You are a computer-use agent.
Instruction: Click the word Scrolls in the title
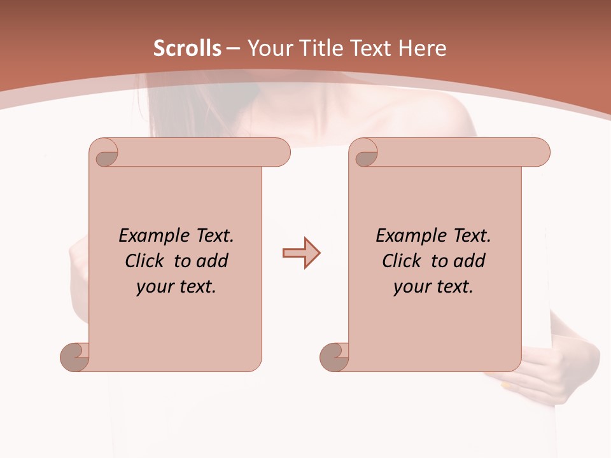[x=187, y=48]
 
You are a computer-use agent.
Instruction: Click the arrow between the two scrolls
[x=301, y=253]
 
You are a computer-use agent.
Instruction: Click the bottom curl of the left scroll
[x=75, y=356]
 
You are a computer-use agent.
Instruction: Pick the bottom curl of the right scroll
[x=335, y=356]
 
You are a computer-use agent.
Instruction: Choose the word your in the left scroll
[x=153, y=287]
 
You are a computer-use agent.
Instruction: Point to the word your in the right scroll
[x=410, y=287]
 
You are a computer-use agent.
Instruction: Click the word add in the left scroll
[x=213, y=261]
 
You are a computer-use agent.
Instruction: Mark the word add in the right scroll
[x=470, y=261]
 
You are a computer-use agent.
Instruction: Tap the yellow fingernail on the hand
[x=506, y=385]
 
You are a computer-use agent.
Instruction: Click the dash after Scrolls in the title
[x=233, y=48]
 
